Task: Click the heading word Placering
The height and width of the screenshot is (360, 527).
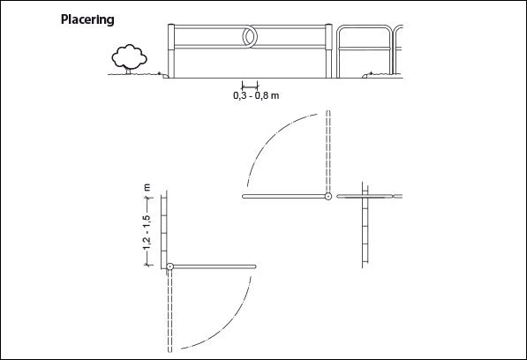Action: coord(87,19)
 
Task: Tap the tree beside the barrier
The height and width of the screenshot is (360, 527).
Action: coord(129,59)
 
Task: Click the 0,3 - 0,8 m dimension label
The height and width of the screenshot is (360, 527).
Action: coord(256,95)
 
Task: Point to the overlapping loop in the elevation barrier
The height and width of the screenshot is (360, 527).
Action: coord(249,36)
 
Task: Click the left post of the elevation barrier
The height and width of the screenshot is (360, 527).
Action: coord(171,51)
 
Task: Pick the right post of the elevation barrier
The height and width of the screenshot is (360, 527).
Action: coord(328,51)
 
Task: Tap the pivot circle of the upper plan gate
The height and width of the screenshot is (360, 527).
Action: coord(328,197)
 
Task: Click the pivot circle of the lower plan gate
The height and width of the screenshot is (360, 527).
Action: coord(170,266)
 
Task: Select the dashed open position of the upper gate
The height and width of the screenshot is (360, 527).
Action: coord(328,151)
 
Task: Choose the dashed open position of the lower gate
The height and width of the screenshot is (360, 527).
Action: coord(169,311)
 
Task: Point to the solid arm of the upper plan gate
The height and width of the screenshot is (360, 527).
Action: coord(283,197)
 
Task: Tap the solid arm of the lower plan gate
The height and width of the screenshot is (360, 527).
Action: coord(215,266)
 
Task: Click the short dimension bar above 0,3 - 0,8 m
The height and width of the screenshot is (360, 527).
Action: coord(250,85)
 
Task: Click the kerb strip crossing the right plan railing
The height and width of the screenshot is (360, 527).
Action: coord(365,225)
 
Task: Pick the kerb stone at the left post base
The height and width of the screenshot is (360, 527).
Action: coord(166,76)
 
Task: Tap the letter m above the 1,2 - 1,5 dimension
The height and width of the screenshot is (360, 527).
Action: coord(147,187)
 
